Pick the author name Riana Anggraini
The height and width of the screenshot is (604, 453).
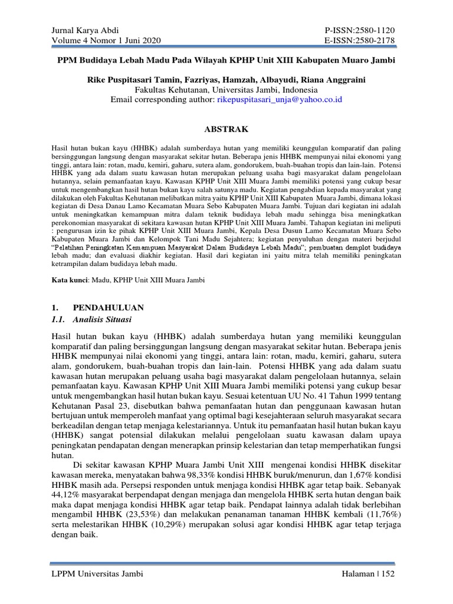coord(334,80)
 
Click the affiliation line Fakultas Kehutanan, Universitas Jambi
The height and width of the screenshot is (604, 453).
coord(226,90)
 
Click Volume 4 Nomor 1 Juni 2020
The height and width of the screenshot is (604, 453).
coord(98,40)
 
